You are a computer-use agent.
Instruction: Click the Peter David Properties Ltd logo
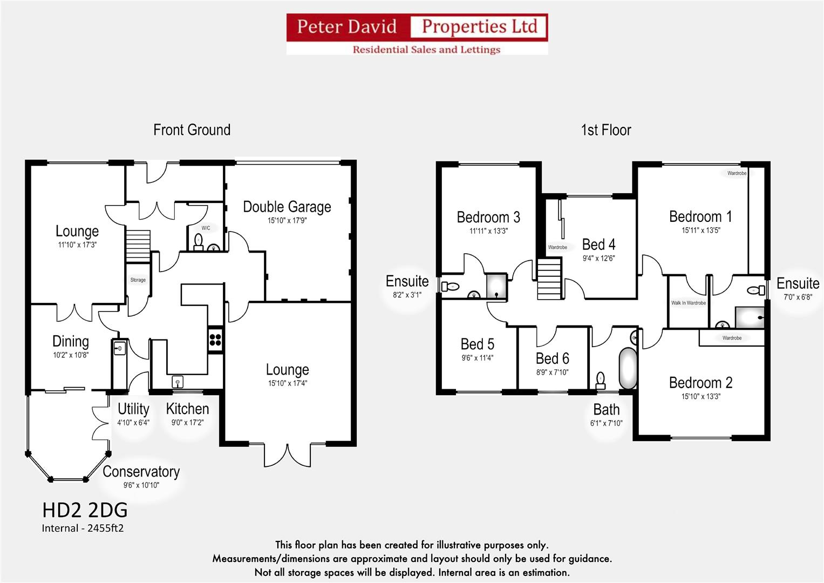pyautogui.click(x=417, y=34)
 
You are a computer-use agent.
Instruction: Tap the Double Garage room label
pyautogui.click(x=287, y=207)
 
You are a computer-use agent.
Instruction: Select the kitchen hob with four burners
pyautogui.click(x=215, y=340)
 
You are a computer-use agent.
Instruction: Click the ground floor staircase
pyautogui.click(x=138, y=246)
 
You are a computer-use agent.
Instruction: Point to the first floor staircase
pyautogui.click(x=549, y=279)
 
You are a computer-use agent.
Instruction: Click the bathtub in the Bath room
pyautogui.click(x=628, y=368)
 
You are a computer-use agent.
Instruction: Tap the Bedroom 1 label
pyautogui.click(x=700, y=216)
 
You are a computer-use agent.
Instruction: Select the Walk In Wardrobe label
pyautogui.click(x=688, y=303)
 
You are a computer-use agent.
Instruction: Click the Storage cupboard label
pyautogui.click(x=138, y=280)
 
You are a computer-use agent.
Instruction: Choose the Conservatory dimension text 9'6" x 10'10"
pyautogui.click(x=141, y=485)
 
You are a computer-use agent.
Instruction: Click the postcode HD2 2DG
pyautogui.click(x=85, y=510)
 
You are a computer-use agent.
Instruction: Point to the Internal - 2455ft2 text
pyautogui.click(x=83, y=528)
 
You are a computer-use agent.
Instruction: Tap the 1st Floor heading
pyautogui.click(x=605, y=130)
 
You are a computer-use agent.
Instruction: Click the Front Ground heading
pyautogui.click(x=192, y=130)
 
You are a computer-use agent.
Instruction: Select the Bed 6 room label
pyautogui.click(x=552, y=358)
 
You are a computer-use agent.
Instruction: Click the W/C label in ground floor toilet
pyautogui.click(x=206, y=228)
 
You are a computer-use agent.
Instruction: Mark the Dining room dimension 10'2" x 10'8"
pyautogui.click(x=70, y=355)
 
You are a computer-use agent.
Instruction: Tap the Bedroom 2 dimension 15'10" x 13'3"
pyautogui.click(x=700, y=397)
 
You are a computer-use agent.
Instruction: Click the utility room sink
pyautogui.click(x=120, y=349)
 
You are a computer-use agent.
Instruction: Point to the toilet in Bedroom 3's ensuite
pyautogui.click(x=450, y=287)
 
